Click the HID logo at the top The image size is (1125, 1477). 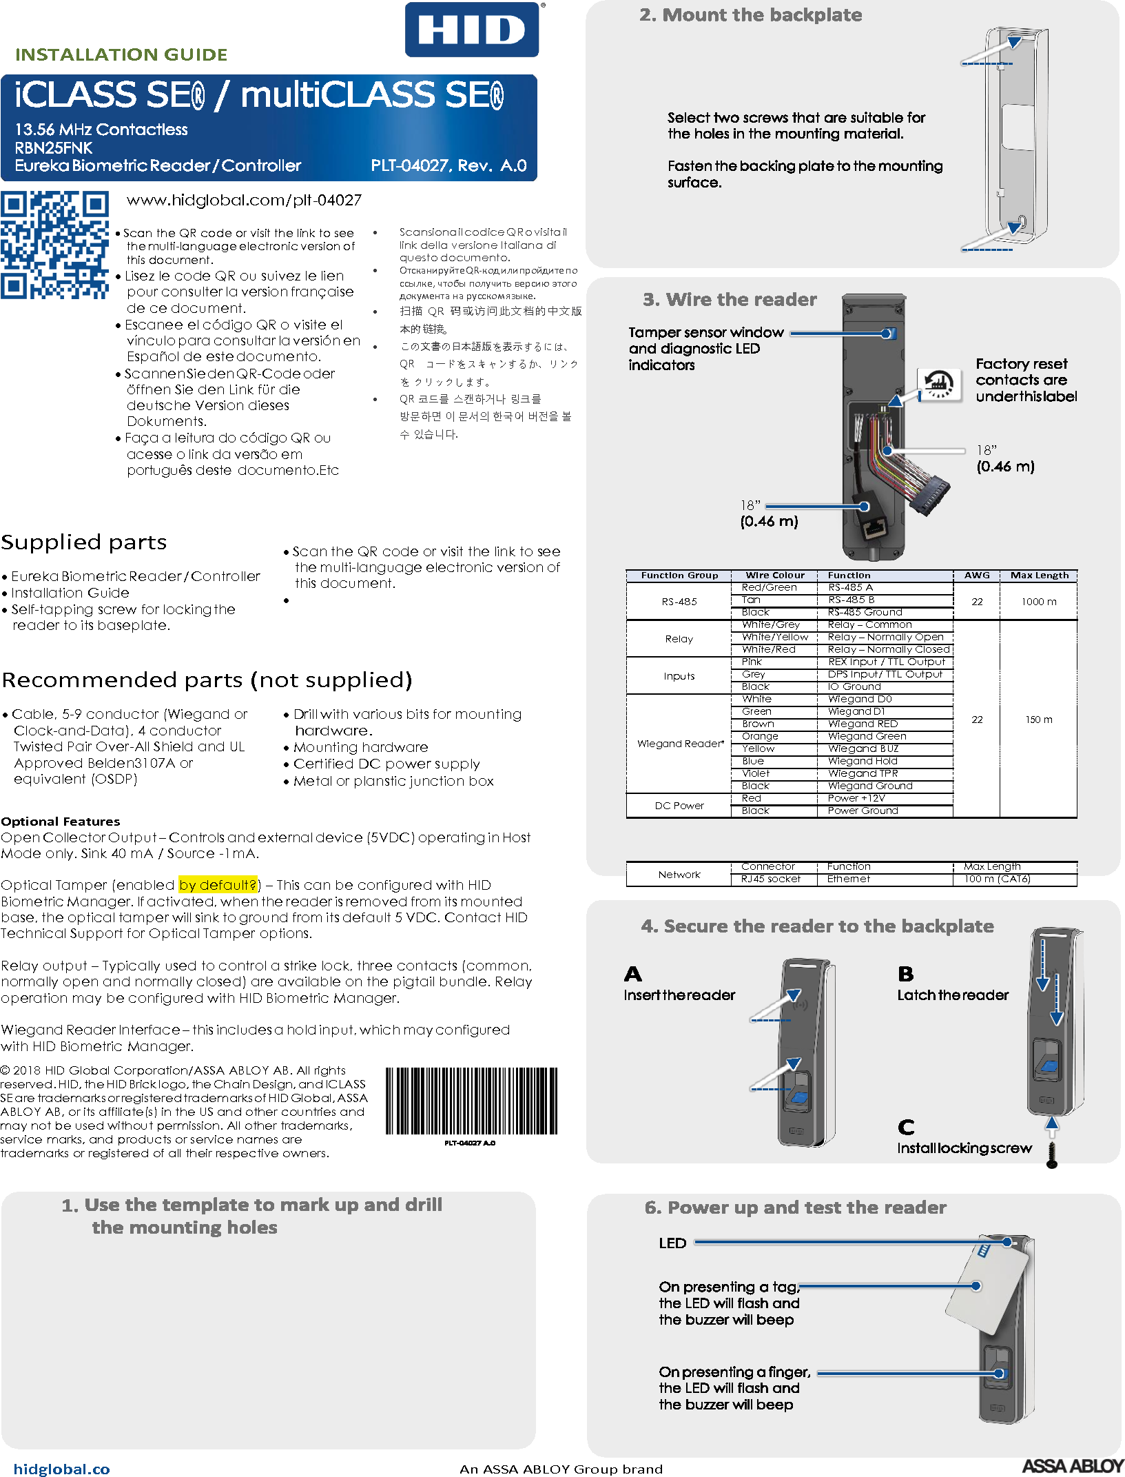(472, 30)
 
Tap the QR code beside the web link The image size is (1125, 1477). (54, 245)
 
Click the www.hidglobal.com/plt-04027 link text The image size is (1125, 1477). (244, 200)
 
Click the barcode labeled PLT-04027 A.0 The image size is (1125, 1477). (471, 1101)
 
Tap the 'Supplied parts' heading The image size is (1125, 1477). (84, 542)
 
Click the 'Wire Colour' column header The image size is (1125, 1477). (774, 575)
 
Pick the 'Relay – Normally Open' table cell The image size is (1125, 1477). (885, 637)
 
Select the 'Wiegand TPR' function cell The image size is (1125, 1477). (863, 773)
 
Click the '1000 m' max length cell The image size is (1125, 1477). (1038, 602)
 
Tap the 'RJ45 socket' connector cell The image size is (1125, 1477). (771, 879)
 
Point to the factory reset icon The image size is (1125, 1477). (939, 383)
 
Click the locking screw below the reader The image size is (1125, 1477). (1051, 1154)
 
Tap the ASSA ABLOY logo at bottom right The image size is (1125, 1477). (1072, 1466)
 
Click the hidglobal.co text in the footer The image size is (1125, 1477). (62, 1469)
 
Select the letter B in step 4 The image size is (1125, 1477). (905, 974)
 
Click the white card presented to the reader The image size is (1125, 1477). (987, 1289)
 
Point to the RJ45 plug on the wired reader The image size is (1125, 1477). (875, 529)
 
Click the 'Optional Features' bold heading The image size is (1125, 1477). (61, 821)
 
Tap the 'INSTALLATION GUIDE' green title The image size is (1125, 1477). (121, 54)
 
